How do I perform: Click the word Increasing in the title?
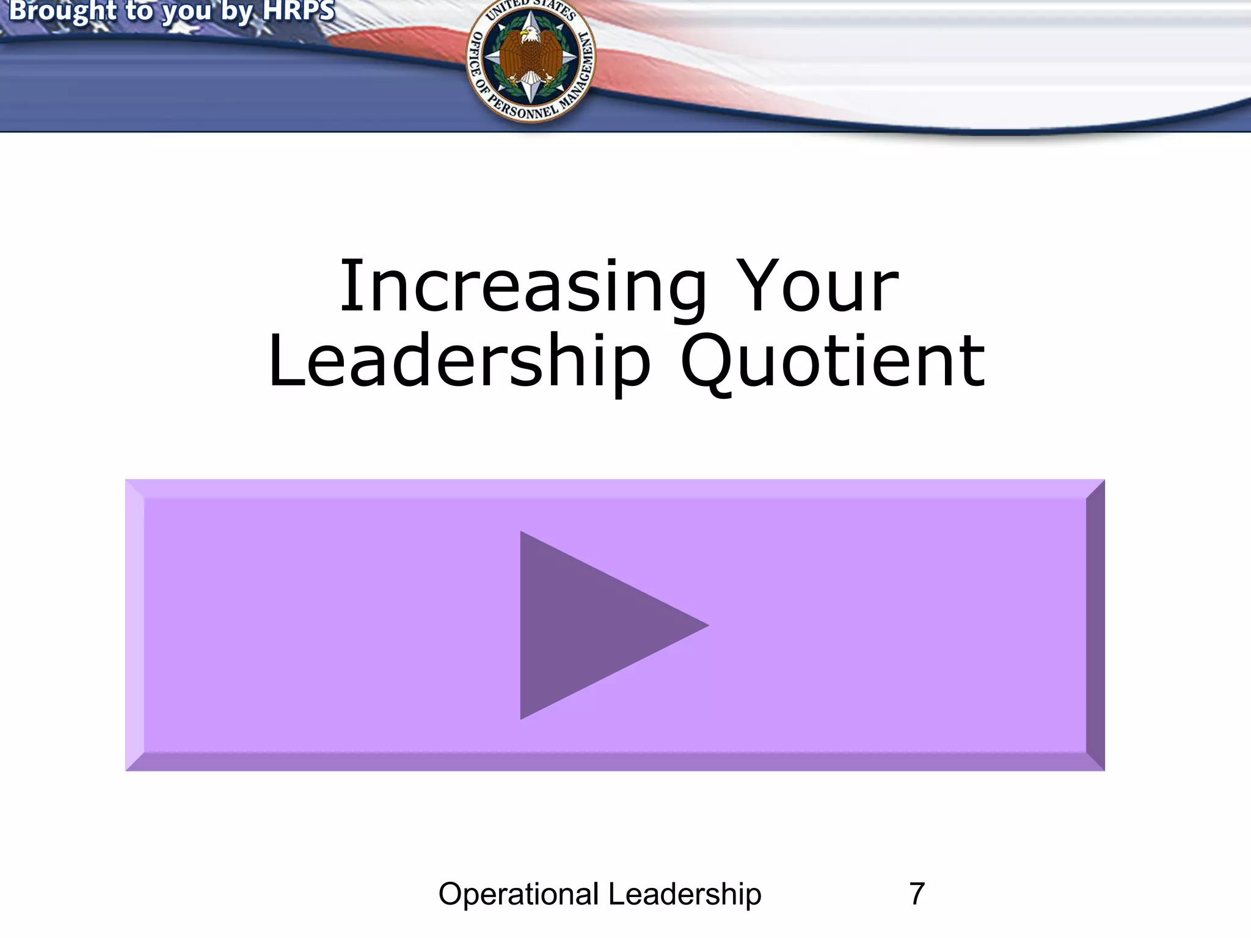(x=523, y=287)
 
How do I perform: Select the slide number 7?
(x=916, y=894)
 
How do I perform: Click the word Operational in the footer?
(x=519, y=894)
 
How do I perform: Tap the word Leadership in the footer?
(x=685, y=894)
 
